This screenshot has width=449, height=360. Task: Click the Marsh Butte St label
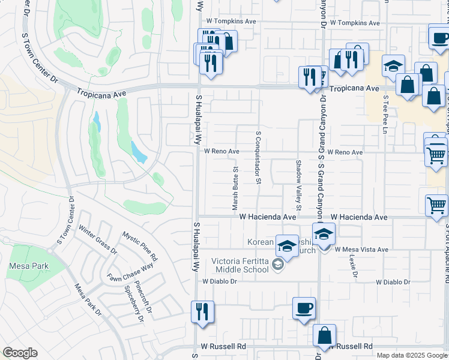pos(236,188)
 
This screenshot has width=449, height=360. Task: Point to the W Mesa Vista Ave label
pos(362,250)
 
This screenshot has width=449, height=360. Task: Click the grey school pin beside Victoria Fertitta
pos(277,264)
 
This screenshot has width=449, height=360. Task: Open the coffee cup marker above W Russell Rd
pos(304,308)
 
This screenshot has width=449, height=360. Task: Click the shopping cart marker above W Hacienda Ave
pos(436,206)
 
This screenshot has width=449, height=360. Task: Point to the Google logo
pos(20,353)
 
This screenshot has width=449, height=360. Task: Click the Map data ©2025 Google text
pos(412,355)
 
